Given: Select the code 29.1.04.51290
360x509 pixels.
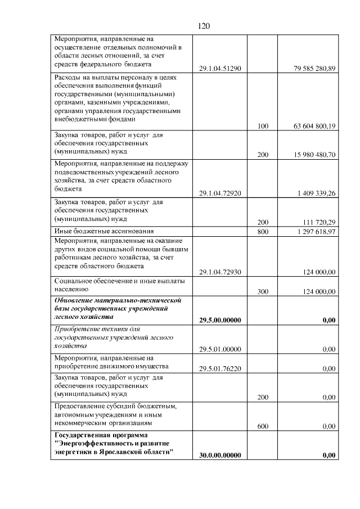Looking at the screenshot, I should pos(220,69).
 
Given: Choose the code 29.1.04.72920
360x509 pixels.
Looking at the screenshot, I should pos(220,193).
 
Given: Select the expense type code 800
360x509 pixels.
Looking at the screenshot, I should pos(263,232).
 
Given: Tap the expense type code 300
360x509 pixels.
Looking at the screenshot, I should pos(263,291).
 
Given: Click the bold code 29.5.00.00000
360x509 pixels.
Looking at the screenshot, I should pos(220,320).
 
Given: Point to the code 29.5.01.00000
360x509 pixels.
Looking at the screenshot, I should pos(220,349).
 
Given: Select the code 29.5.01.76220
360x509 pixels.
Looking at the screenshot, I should pos(220,369).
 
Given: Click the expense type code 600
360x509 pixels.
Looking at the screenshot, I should pos(263,426).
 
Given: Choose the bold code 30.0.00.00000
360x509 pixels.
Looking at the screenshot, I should pos(220,455).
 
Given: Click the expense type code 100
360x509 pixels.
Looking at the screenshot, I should pos(263,126).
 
